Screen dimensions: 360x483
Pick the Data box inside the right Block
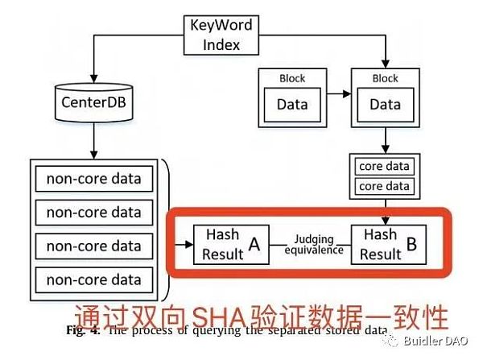[385, 104]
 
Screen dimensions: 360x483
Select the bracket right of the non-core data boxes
[166, 229]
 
